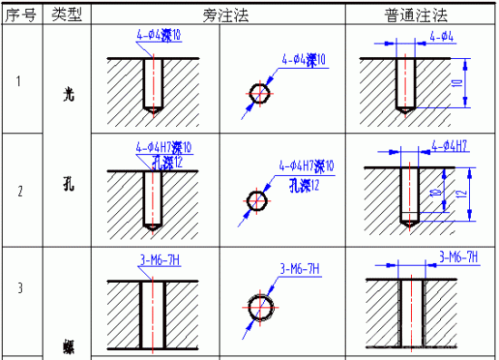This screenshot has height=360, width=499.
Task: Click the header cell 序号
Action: click(x=20, y=15)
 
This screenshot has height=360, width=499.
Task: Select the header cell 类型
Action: click(x=66, y=15)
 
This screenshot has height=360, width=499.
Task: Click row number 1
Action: click(x=20, y=81)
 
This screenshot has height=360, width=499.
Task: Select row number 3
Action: click(x=20, y=290)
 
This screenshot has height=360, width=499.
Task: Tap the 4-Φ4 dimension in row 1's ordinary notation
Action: click(x=440, y=37)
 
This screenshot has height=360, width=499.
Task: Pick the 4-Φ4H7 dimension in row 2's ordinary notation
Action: click(x=449, y=145)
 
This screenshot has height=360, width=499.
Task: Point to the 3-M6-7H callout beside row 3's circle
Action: click(x=304, y=268)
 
